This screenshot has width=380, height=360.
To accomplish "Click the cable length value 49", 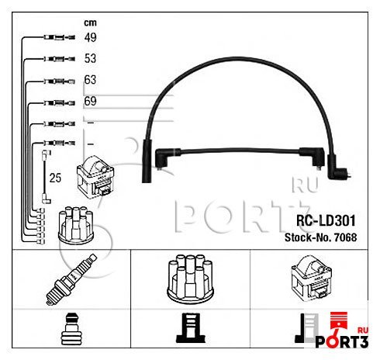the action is [x=90, y=37].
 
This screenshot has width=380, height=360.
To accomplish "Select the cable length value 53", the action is [x=90, y=58].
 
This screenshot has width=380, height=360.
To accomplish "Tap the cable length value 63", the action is [x=90, y=80].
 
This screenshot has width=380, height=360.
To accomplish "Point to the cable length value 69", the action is [x=90, y=101].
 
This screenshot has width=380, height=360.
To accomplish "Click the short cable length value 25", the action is [x=55, y=178].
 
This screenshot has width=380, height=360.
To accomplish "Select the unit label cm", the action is [x=90, y=22].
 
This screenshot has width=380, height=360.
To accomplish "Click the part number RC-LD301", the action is [x=326, y=220].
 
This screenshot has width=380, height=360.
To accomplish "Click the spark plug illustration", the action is [x=71, y=279].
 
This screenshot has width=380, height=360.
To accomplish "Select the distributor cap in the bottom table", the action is [x=190, y=278].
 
